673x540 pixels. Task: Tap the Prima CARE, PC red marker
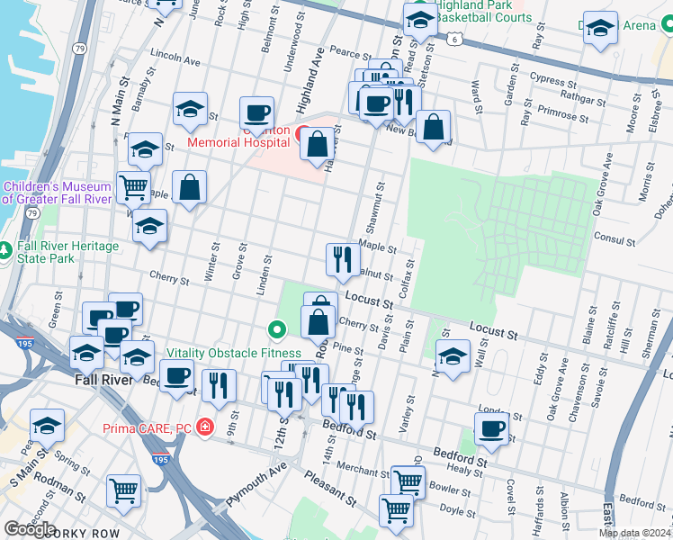click(x=206, y=426)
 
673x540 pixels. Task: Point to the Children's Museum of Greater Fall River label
click(x=57, y=193)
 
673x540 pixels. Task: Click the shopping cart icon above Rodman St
click(x=124, y=490)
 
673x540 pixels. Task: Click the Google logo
click(x=30, y=529)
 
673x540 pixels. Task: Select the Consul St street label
click(x=615, y=238)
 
